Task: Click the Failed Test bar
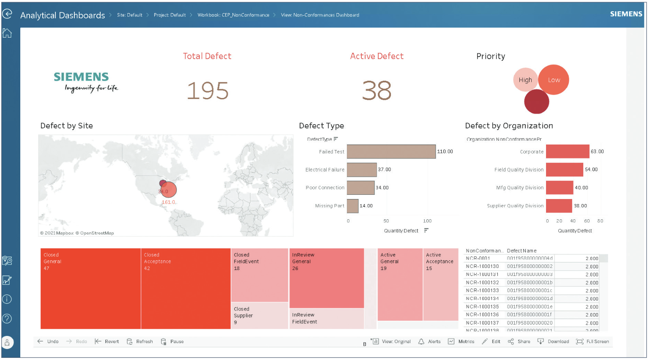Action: pos(391,152)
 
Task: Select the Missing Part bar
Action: pos(352,206)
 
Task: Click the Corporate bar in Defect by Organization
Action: pos(567,151)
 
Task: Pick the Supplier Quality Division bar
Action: pos(559,206)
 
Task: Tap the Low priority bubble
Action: pos(554,80)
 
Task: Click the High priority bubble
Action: pos(525,80)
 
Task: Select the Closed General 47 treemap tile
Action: pos(90,289)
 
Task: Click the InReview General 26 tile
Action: pos(326,278)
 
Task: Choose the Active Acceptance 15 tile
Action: pos(440,284)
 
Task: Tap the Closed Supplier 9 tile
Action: pos(259,316)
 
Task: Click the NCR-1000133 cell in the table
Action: pos(482,291)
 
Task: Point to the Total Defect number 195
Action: pos(208,91)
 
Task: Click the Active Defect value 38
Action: pos(377,91)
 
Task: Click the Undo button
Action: pos(48,341)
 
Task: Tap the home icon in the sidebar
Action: pos(7,33)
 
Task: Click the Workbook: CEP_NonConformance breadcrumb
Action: pos(233,15)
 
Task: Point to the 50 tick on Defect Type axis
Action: pos(386,221)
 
